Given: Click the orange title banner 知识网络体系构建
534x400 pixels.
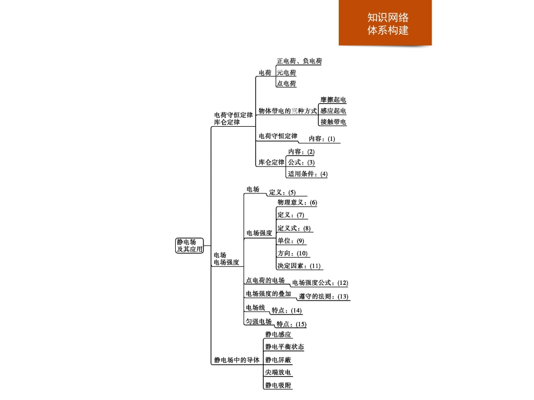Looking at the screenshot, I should tap(385, 23).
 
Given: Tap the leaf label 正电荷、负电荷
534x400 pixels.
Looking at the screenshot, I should tap(299, 61).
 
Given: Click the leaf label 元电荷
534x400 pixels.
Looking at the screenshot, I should tap(286, 73).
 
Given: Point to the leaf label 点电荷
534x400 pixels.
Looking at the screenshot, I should tap(286, 84).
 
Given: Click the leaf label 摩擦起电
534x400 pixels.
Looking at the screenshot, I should tap(333, 100).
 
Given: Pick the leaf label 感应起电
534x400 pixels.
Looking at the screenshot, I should tap(333, 111).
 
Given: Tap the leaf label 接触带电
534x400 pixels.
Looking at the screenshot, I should tap(333, 122).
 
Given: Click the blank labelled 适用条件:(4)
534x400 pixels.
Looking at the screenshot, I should tap(308, 174).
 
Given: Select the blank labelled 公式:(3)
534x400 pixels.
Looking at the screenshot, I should tap(301, 162).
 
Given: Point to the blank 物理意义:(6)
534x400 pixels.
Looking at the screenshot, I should tap(297, 202).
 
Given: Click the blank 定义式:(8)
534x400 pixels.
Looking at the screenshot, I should tap(294, 228).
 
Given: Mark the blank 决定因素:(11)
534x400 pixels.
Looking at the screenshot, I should tap(299, 266).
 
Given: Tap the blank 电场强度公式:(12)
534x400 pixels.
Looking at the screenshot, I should tap(320, 283).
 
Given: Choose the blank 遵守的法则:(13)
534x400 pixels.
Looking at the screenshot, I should tap(323, 297).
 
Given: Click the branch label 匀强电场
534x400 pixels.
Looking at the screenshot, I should tap(259, 322).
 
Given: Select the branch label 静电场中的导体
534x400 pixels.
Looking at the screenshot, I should tap(236, 360).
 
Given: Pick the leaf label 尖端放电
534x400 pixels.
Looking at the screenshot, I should tap(278, 373).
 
